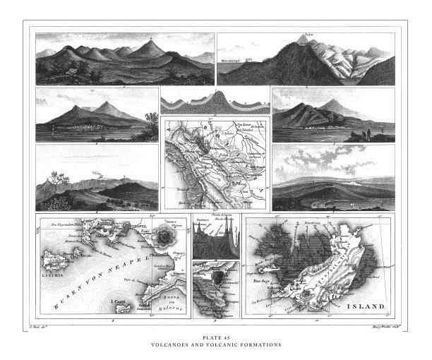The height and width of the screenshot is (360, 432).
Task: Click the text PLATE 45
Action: (x=216, y=338)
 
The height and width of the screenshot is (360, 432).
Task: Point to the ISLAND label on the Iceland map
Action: (x=366, y=307)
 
